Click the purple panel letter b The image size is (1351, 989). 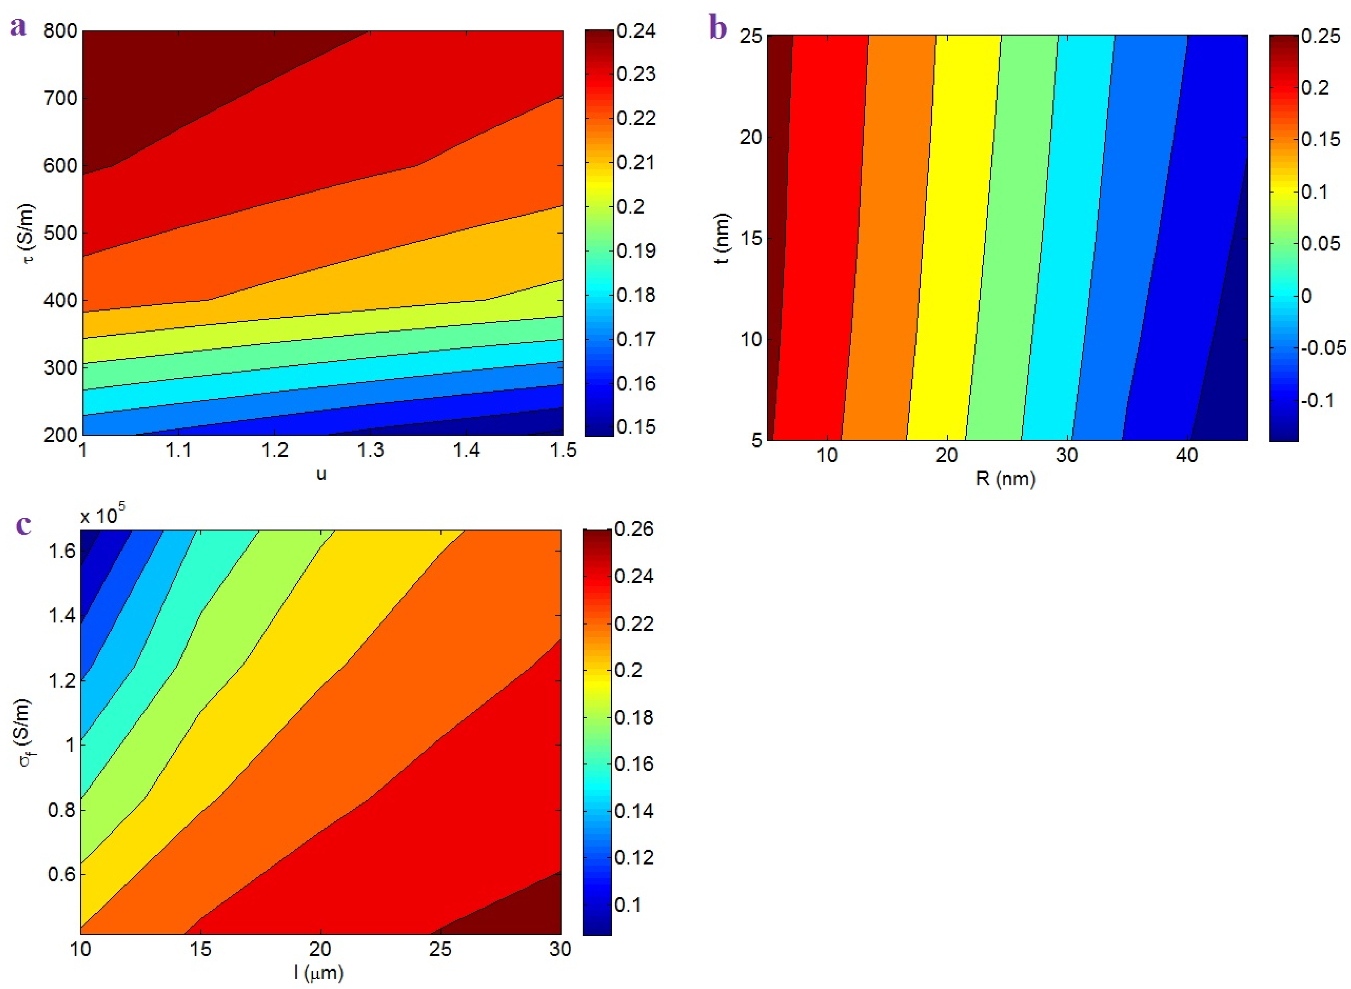click(718, 28)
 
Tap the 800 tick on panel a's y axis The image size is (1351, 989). click(60, 31)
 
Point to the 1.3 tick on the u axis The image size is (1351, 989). click(371, 450)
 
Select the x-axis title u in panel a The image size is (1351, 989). click(321, 474)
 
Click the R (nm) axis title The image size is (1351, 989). click(1005, 478)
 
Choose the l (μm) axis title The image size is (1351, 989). click(319, 973)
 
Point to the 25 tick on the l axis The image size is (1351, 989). click(441, 949)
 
